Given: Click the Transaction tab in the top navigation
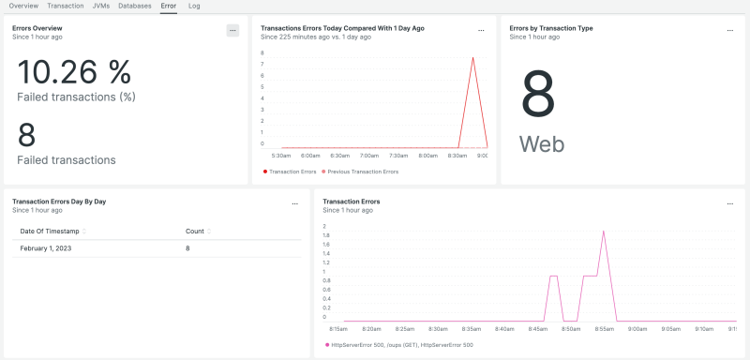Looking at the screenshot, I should (x=66, y=6).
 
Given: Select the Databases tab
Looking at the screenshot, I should (x=135, y=6).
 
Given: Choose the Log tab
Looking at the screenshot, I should (x=194, y=6).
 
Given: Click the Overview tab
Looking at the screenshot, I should (x=23, y=6).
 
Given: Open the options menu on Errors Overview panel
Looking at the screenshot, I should (x=232, y=30).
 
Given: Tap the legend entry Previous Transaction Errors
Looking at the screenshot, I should (x=361, y=172).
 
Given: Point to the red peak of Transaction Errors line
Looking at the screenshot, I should (x=472, y=57).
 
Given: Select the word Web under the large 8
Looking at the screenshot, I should (x=542, y=144).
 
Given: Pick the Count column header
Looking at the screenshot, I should (x=195, y=231).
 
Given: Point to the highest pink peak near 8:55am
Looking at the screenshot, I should (x=604, y=231).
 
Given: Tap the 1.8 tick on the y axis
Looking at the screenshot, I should (x=325, y=235).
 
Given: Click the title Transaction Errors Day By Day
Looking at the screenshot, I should (x=59, y=201).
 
